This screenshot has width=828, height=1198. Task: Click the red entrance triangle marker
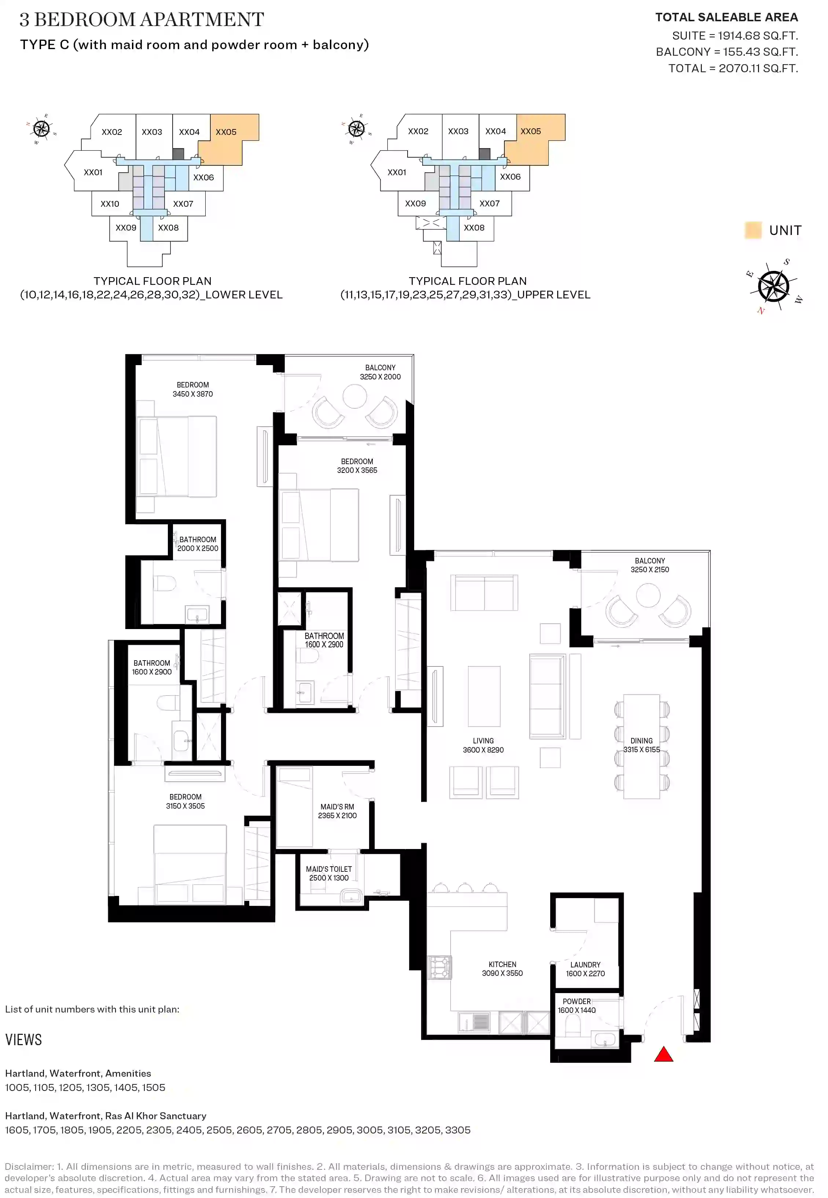663,1055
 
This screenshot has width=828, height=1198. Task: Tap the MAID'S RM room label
337,807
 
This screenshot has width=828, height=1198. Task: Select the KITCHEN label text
502,964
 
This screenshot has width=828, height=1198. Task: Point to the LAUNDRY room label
585,964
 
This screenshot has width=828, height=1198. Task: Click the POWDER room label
577,1002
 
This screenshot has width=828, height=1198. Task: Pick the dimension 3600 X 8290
483,750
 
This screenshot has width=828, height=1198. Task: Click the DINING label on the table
641,741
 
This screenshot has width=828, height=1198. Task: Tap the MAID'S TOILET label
329,869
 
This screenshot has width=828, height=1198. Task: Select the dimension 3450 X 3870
192,394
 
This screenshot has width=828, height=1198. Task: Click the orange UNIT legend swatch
753,230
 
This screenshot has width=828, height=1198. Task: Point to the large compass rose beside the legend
773,286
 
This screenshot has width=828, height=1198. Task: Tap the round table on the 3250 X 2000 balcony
355,397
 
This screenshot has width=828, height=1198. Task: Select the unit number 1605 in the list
18,1130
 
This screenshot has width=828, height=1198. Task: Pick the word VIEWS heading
23,1040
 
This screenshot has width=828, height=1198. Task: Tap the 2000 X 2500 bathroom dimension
198,548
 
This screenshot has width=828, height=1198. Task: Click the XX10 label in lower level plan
110,204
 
